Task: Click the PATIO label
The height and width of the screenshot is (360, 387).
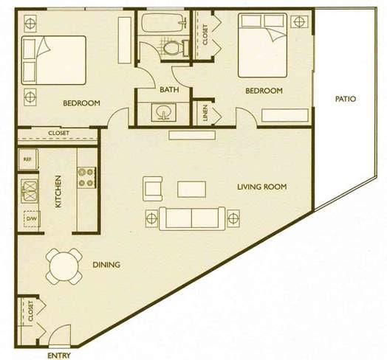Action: click(346, 99)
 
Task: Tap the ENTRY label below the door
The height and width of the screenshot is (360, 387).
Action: click(59, 356)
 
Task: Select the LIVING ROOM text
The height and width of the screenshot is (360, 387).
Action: click(262, 187)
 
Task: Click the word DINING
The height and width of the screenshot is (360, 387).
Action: click(106, 265)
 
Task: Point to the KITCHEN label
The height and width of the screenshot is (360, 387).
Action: click(58, 191)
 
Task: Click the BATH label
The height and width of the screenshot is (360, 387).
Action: click(169, 89)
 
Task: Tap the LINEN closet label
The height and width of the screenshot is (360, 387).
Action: click(205, 113)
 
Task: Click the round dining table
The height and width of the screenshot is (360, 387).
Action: click(64, 266)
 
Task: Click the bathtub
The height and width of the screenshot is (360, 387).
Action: click(163, 22)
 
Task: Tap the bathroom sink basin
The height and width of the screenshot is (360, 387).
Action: click(163, 112)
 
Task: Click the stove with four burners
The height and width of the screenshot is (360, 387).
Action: click(86, 178)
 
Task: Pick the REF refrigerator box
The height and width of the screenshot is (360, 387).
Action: click(28, 159)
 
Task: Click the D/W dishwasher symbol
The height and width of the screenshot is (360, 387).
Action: click(32, 218)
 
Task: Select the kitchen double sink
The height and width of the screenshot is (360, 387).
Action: click(29, 190)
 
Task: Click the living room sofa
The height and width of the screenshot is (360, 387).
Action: click(192, 218)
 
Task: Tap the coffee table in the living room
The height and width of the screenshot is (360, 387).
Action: click(191, 190)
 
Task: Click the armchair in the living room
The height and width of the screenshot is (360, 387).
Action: click(153, 189)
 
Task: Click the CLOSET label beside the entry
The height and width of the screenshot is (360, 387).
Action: click(31, 311)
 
